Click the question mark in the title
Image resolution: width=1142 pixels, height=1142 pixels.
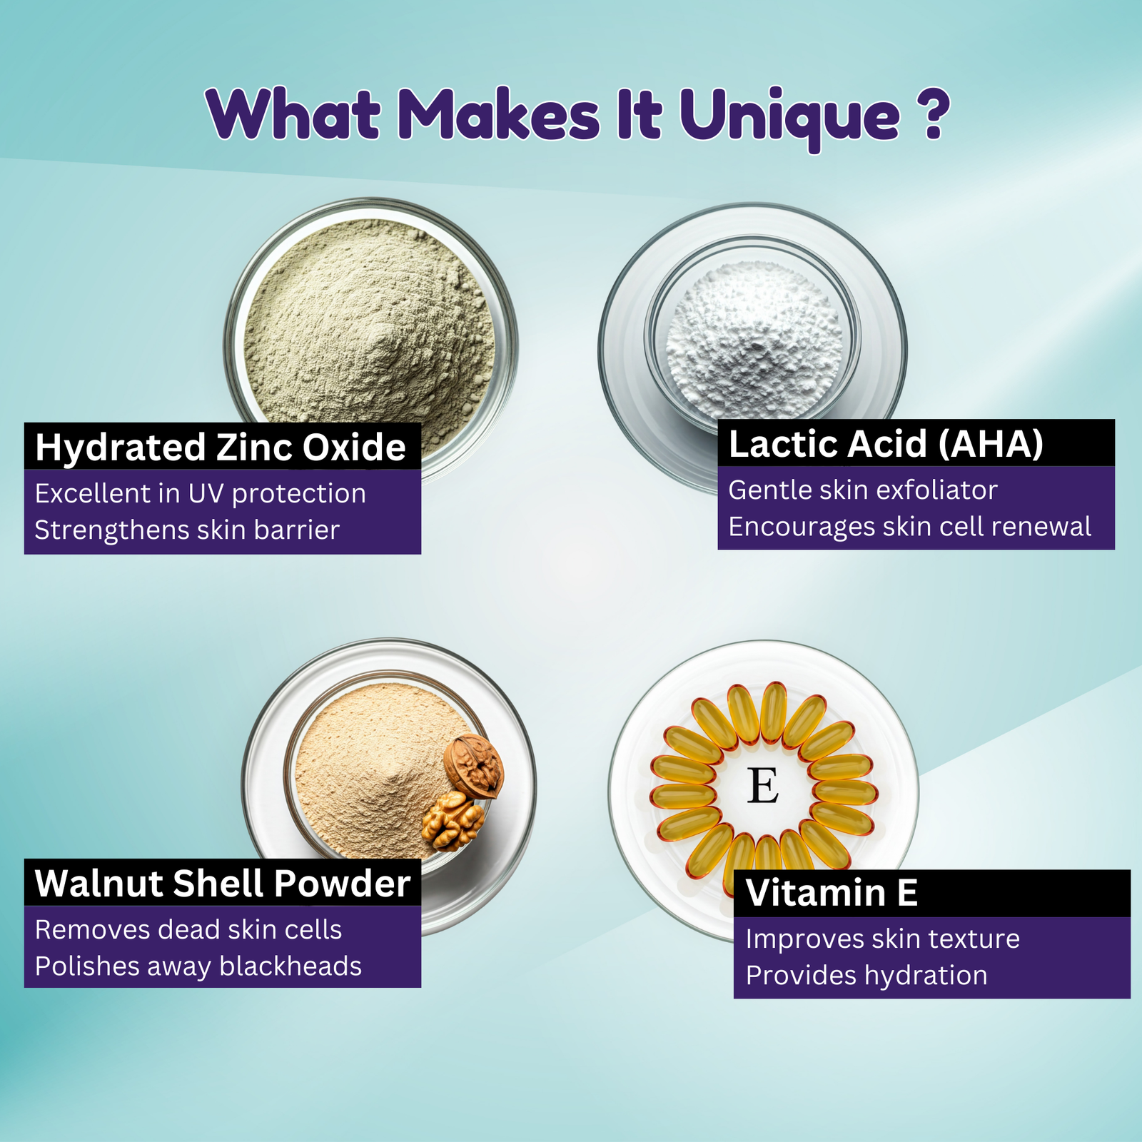933,113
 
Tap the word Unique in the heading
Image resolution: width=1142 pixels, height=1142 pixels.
789,118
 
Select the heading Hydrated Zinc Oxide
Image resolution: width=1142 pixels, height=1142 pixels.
221,448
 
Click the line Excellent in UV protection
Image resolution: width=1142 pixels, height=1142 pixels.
201,493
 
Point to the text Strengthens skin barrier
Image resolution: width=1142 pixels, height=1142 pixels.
187,530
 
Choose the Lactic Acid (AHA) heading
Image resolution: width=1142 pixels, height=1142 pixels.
886,444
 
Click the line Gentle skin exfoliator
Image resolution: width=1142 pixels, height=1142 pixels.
862,490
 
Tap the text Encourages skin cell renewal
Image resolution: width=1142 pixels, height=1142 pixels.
909,527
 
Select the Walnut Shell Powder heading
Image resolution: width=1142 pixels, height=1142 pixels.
223,883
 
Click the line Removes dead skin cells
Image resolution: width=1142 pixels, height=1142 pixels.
188,929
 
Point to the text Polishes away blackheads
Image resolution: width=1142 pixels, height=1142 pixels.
198,966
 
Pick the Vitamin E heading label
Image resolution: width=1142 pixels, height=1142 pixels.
832,892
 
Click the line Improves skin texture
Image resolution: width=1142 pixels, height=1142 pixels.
883,939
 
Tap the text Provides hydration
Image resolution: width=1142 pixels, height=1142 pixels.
866,975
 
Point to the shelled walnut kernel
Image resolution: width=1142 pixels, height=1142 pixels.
453,821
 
